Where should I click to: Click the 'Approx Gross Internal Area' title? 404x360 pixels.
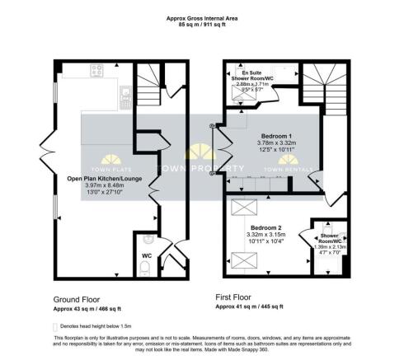point(203,17)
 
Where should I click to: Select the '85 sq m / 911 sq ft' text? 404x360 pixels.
point(203,25)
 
